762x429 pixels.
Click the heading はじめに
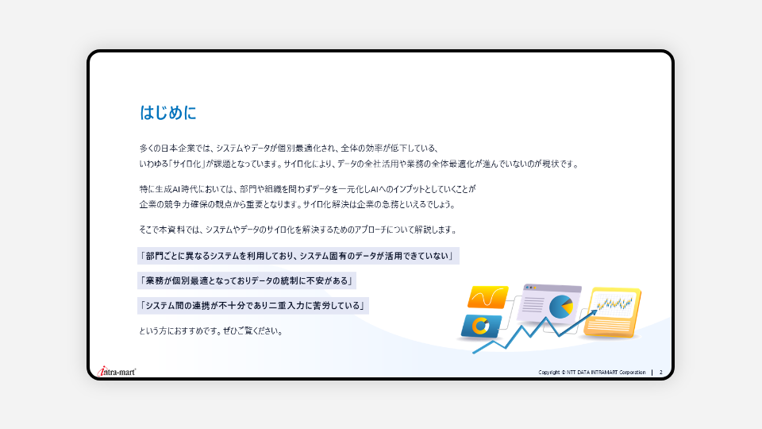coord(167,112)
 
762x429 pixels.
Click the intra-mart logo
coord(117,372)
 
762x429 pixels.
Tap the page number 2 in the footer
coord(660,372)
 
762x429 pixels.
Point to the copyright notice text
coord(592,372)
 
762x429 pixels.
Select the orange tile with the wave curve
coord(487,296)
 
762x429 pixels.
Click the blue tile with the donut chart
coord(481,326)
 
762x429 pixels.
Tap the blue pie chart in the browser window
coord(561,307)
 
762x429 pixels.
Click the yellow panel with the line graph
coord(613,312)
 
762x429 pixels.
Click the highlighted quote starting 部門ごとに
coord(298,256)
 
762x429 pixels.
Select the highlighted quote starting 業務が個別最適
coord(247,280)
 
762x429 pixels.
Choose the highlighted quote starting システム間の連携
coord(253,305)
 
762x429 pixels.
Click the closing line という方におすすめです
coord(211,330)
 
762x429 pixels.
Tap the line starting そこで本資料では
coord(298,230)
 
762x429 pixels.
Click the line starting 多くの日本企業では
coord(290,148)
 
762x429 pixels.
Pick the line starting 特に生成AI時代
coord(308,189)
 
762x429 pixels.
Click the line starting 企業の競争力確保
coord(298,204)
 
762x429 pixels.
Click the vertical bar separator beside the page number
coord(652,372)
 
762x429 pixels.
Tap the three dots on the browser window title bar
coord(531,288)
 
